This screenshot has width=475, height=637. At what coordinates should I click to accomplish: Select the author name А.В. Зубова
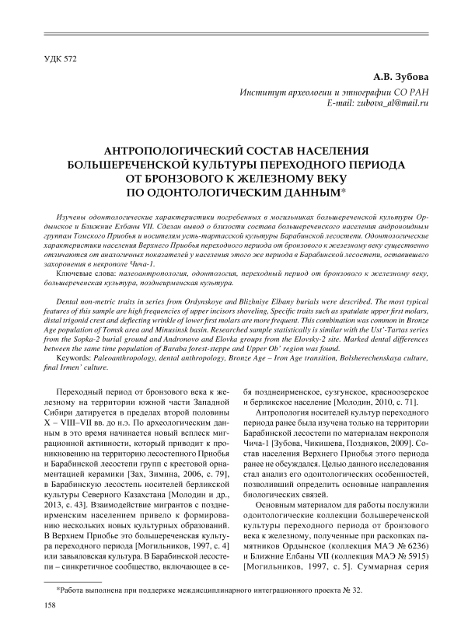(403, 77)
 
